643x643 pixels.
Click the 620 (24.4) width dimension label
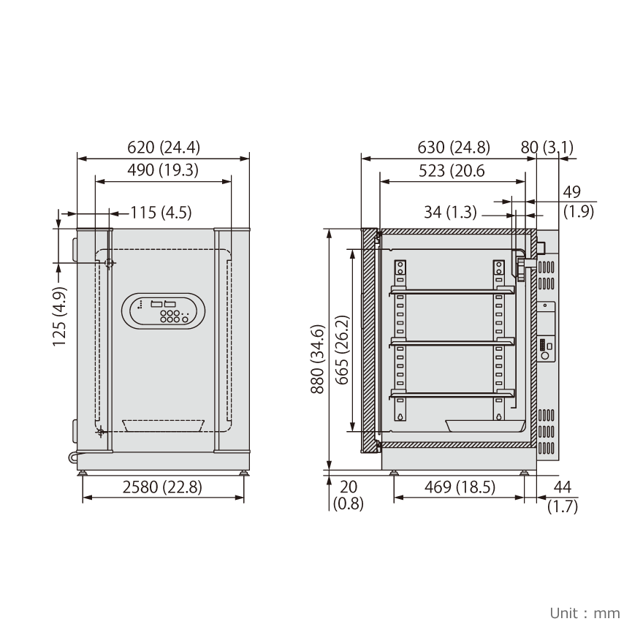tap(164, 147)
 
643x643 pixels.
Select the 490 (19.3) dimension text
tap(163, 170)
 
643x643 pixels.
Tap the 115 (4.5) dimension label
tap(161, 213)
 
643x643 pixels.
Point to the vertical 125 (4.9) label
tap(59, 316)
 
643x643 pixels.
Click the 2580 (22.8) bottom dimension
tap(162, 487)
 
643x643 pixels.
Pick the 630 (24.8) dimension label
tap(454, 147)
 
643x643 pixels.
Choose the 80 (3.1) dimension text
tap(547, 147)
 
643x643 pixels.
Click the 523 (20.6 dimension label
tap(452, 170)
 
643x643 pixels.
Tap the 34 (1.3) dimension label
tap(450, 213)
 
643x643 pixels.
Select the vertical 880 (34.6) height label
tap(318, 359)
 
